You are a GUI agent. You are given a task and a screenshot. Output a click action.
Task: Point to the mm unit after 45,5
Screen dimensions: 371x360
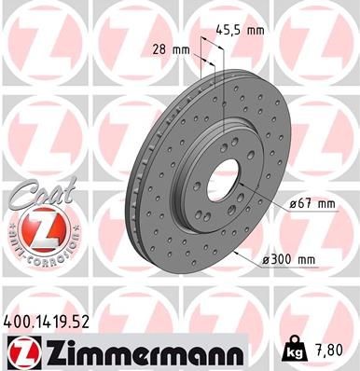[255, 30]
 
